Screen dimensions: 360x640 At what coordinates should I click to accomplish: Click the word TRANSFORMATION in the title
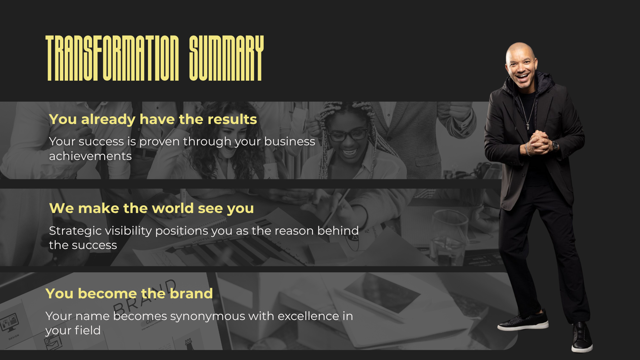click(112, 58)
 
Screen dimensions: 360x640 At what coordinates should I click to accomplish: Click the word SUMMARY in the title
click(226, 58)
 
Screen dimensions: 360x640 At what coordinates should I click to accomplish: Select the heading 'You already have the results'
click(153, 119)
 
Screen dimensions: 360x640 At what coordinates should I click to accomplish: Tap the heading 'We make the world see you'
click(151, 208)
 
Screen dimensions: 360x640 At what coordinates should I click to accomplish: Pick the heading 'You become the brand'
click(129, 294)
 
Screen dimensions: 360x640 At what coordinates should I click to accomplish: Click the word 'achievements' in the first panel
click(90, 156)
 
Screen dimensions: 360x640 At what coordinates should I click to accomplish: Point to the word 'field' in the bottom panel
click(87, 330)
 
